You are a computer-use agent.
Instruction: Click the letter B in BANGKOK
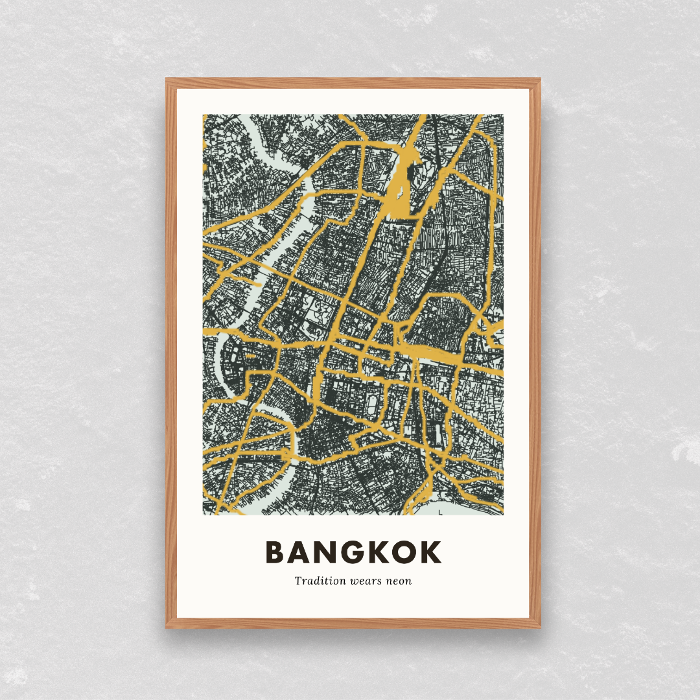(275, 552)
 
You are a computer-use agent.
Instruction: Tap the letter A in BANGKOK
(301, 552)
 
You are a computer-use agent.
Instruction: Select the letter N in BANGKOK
(327, 552)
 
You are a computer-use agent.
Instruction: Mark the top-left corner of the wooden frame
(167, 79)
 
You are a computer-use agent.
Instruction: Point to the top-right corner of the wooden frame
(540, 79)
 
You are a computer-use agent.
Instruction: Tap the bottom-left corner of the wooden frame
(167, 627)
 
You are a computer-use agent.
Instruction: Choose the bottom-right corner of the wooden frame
(540, 627)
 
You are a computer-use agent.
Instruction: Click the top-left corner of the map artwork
(204, 115)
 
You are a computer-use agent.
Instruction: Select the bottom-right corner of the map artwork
(503, 515)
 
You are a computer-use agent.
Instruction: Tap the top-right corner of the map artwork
(503, 115)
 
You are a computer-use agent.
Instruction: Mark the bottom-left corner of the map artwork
(204, 515)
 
